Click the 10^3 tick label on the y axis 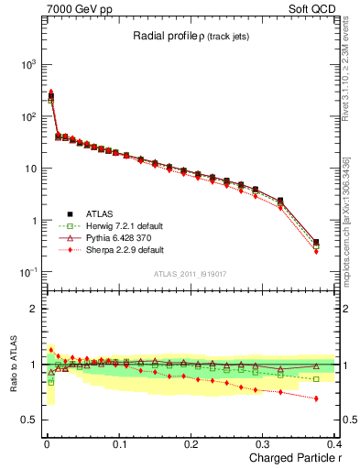[x=24, y=65]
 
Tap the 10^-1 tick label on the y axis [x=24, y=273]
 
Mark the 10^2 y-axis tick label [x=24, y=117]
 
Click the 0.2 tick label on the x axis [x=191, y=443]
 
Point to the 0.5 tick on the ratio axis [x=27, y=420]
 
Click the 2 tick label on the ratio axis [x=29, y=309]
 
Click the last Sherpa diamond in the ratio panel [x=316, y=398]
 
